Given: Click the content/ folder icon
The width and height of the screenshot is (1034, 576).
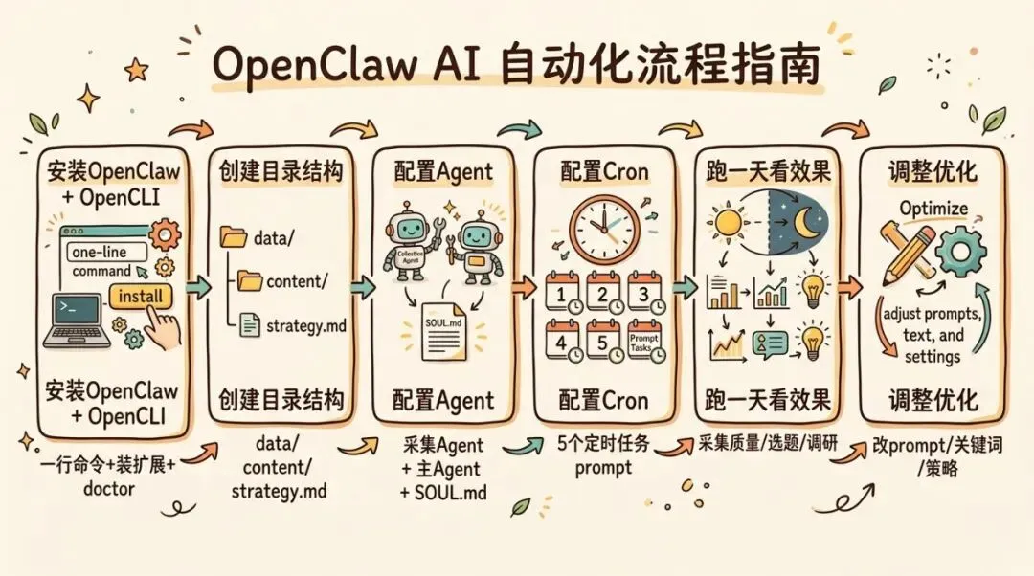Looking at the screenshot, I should tap(250, 280).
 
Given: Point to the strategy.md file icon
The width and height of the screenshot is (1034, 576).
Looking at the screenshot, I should tap(249, 325).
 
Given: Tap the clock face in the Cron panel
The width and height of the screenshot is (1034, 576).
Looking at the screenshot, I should tap(604, 227).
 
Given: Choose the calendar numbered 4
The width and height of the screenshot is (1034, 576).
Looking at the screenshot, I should tap(562, 342).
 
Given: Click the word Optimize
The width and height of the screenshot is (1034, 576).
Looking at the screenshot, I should tap(933, 209).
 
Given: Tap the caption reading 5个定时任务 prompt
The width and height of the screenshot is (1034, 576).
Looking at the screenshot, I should tap(602, 456).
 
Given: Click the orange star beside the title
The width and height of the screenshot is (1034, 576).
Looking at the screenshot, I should tap(137, 69).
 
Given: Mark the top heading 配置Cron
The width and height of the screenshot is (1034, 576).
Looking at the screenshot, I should tap(603, 172).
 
